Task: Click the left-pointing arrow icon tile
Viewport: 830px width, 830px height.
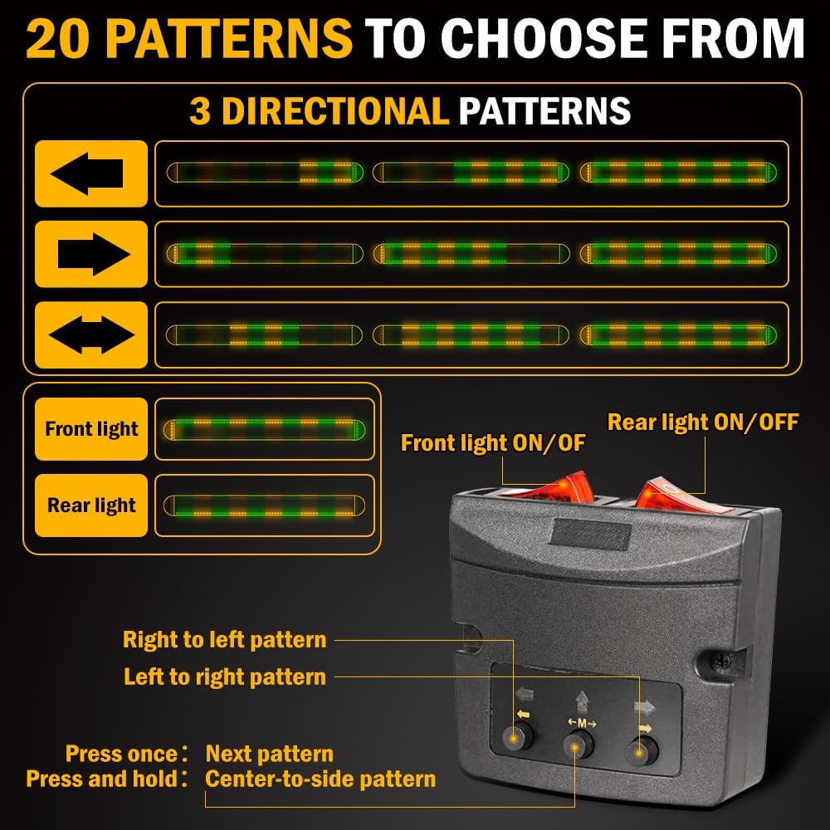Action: click(x=91, y=173)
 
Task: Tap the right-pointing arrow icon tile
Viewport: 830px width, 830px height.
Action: click(x=91, y=254)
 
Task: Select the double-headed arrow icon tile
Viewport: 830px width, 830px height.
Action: click(x=91, y=335)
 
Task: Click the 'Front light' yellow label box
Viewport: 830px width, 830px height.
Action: click(x=91, y=429)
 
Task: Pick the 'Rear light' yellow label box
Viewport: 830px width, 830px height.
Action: click(x=91, y=505)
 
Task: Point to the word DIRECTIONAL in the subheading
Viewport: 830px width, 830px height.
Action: click(x=335, y=111)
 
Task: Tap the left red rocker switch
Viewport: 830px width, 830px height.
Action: click(x=550, y=487)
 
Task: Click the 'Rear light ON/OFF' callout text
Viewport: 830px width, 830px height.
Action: click(x=703, y=422)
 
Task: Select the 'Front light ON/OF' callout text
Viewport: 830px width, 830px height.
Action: click(x=493, y=443)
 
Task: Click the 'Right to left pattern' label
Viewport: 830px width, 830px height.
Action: click(x=224, y=639)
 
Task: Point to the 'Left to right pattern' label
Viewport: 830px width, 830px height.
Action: click(x=224, y=677)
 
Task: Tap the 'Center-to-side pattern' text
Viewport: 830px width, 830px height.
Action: click(x=320, y=779)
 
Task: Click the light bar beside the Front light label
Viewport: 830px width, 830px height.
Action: click(x=264, y=430)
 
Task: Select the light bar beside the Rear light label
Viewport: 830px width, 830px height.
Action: click(x=264, y=506)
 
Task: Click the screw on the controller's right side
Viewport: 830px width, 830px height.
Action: click(x=724, y=660)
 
